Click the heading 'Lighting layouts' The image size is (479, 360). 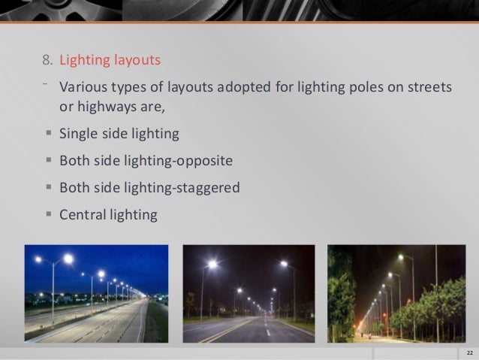[x=110, y=59]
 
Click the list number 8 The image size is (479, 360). [x=47, y=59]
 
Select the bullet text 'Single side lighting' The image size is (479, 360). [x=119, y=135]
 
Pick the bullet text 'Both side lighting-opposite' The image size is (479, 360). [x=146, y=161]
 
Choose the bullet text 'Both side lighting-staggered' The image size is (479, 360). [x=149, y=187]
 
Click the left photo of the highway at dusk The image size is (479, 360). [x=97, y=294]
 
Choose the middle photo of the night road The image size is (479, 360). [x=249, y=294]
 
